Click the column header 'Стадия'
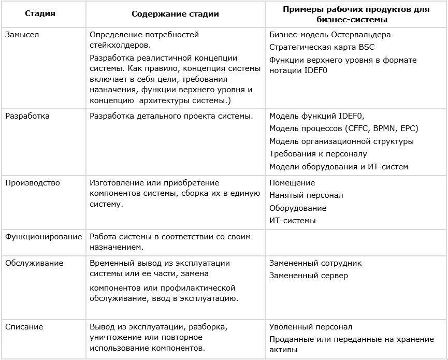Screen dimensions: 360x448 [40, 14]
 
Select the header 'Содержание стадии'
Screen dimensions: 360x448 [175, 14]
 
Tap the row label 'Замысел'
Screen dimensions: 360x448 [22, 35]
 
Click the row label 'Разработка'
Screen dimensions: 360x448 [27, 116]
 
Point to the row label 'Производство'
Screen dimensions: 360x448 [33, 183]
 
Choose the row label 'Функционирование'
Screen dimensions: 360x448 [44, 237]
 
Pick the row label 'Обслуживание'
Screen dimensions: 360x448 [34, 263]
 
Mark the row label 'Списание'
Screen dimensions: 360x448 [24, 327]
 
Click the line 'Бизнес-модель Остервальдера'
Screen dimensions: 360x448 [330, 35]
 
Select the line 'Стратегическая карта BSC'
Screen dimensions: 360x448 [322, 47]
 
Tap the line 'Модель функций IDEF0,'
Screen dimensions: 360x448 [321, 116]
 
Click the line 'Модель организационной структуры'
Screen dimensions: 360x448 [341, 141]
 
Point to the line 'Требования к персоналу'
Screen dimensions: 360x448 [318, 154]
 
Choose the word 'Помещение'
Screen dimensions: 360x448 [292, 183]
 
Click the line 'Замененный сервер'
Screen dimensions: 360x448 [309, 276]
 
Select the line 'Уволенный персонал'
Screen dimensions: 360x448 [311, 327]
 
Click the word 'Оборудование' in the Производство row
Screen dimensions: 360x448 [298, 208]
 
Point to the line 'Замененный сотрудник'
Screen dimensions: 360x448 [315, 263]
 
